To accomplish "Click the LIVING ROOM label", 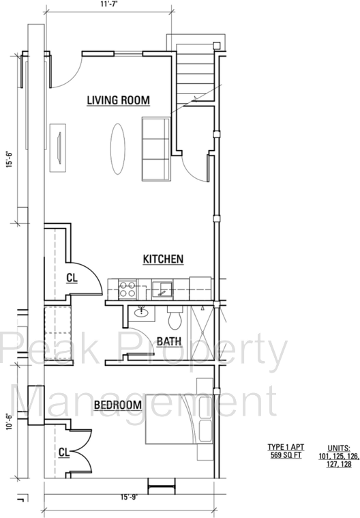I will click(118, 100).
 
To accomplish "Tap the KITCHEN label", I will click(162, 259).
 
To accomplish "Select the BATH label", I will click(168, 341).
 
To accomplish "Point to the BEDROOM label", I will click(117, 405).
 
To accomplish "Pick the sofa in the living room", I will click(156, 149).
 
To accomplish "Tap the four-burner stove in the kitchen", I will click(127, 289).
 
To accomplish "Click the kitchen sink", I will click(164, 289).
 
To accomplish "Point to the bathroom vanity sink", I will click(142, 313).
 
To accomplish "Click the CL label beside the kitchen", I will click(72, 278).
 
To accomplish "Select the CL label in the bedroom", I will click(63, 452).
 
